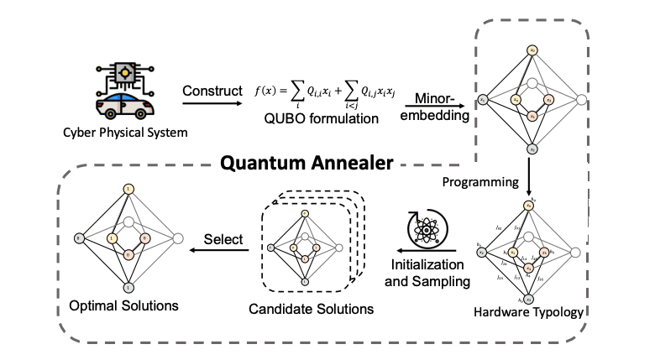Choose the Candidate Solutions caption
[311, 310]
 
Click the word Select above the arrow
[224, 240]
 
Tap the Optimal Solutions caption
[123, 305]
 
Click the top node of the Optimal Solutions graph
[128, 190]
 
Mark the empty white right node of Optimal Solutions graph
[176, 239]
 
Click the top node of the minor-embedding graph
[532, 52]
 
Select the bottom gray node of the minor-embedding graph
[532, 149]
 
